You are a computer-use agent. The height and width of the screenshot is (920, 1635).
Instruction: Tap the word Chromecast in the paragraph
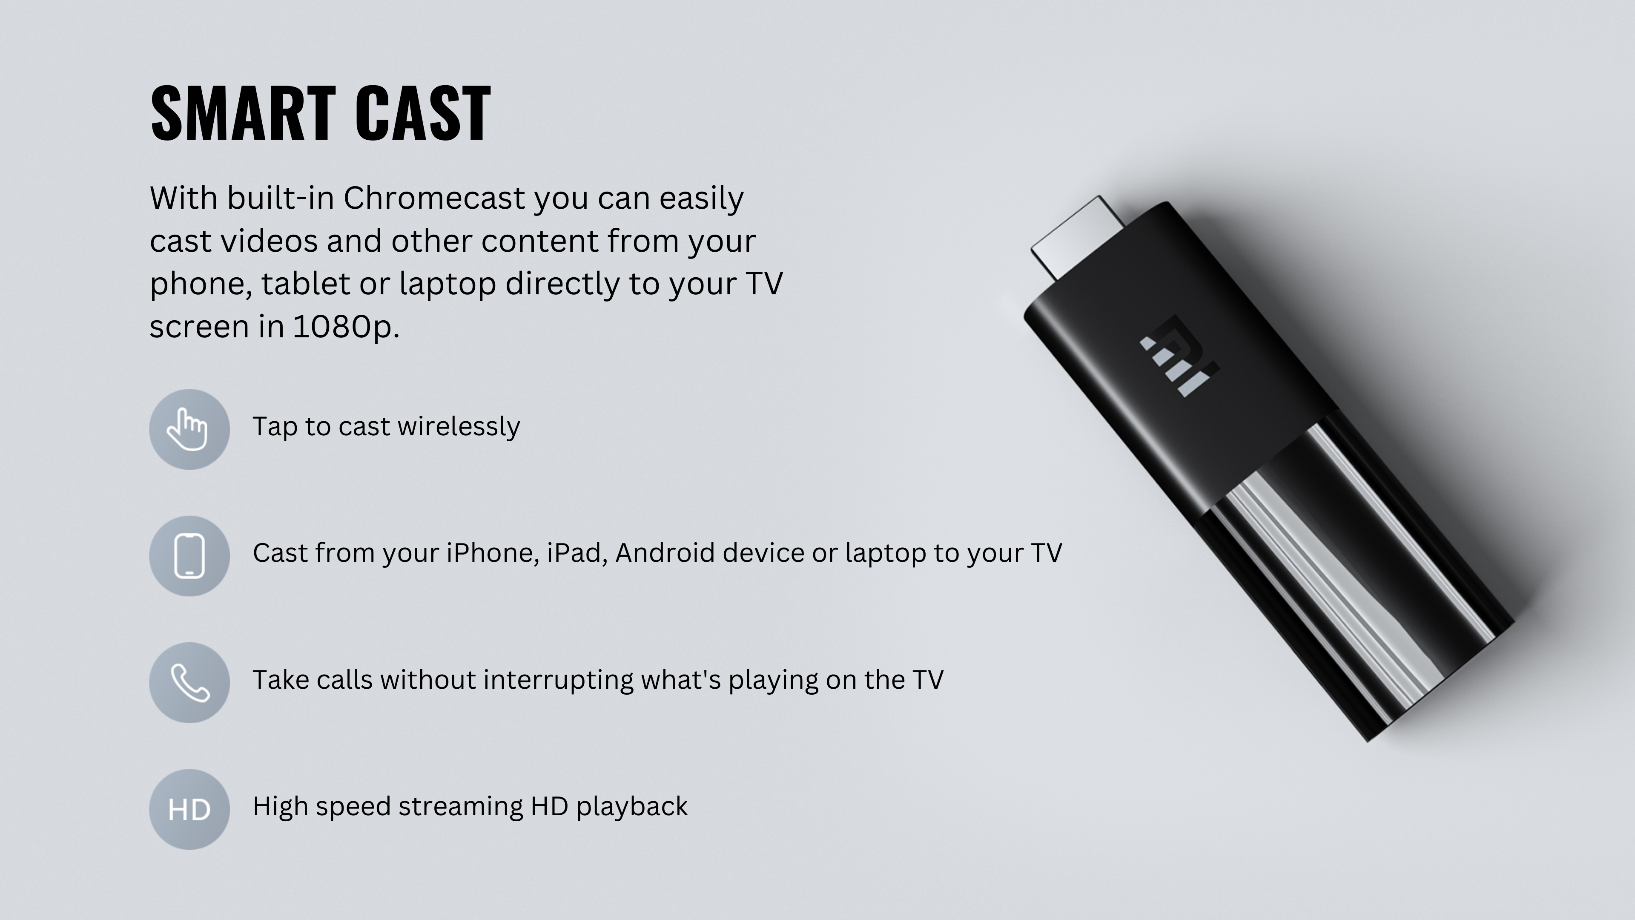(x=434, y=198)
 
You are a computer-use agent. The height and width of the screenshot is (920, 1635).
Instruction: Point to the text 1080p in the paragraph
(x=346, y=327)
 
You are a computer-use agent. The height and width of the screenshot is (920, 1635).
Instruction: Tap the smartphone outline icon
(x=189, y=556)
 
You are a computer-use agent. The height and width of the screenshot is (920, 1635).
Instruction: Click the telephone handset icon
(x=189, y=682)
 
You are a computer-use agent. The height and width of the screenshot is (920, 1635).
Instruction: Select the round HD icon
(x=189, y=810)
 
